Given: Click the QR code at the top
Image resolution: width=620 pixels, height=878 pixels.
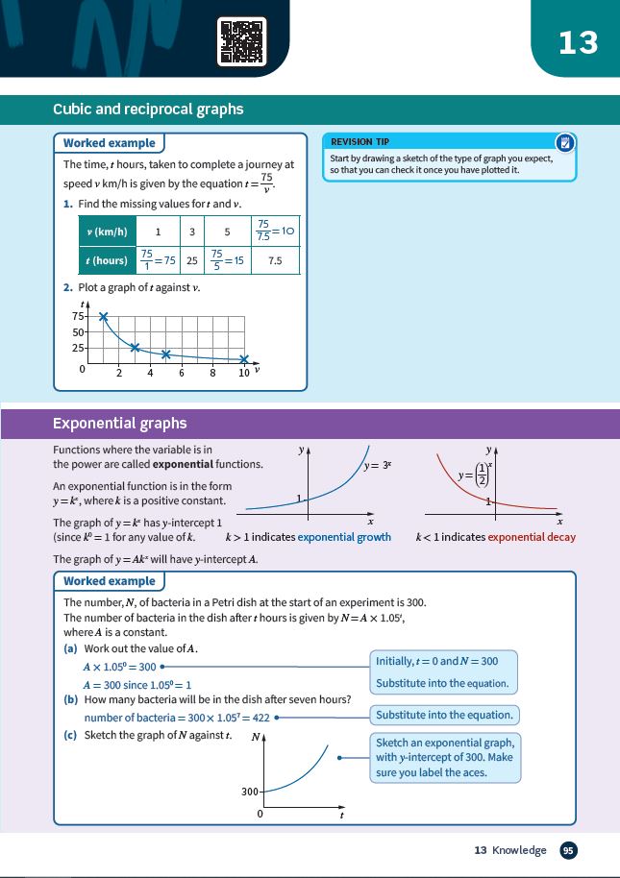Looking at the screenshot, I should [x=241, y=40].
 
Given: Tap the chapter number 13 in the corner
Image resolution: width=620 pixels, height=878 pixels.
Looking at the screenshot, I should [x=578, y=42].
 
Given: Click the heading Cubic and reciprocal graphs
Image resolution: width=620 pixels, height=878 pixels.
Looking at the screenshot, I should [x=148, y=110].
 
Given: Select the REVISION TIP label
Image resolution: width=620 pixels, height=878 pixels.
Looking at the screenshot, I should [x=360, y=141].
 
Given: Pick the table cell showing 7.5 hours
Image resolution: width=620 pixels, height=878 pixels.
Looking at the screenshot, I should [x=275, y=260].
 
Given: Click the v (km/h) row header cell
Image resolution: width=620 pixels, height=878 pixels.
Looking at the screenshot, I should [x=107, y=232].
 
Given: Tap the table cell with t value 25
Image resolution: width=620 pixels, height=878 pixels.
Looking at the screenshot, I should [x=191, y=260].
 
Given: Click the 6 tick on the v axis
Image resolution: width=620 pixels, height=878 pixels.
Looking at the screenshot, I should [x=181, y=373].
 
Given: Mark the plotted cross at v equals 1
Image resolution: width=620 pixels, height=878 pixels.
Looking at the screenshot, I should [x=104, y=316].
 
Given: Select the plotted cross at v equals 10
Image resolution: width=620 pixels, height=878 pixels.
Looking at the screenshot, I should [x=243, y=359].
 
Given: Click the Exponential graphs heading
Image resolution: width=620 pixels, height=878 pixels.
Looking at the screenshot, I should [x=119, y=424].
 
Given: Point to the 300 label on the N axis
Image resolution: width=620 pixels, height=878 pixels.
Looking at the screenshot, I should [x=250, y=792].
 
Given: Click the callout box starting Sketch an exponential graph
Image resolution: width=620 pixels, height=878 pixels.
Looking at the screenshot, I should [x=444, y=757].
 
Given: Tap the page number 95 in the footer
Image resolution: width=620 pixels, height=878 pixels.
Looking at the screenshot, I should [x=568, y=850].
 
